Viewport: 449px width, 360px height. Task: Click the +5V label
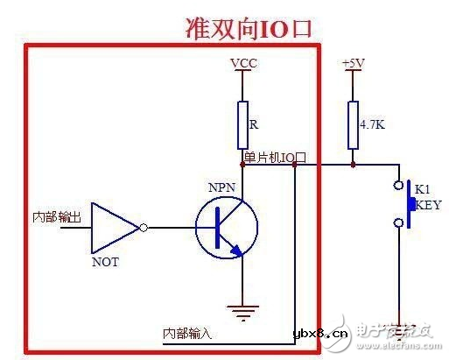[352, 63]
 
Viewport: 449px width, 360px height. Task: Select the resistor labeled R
[242, 124]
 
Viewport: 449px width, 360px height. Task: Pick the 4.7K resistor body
[353, 124]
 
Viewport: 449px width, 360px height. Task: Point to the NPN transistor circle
[226, 228]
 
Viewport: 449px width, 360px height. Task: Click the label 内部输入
[188, 334]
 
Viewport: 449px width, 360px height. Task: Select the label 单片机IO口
[275, 157]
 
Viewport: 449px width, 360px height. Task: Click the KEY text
[428, 207]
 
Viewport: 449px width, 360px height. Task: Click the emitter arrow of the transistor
[235, 251]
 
